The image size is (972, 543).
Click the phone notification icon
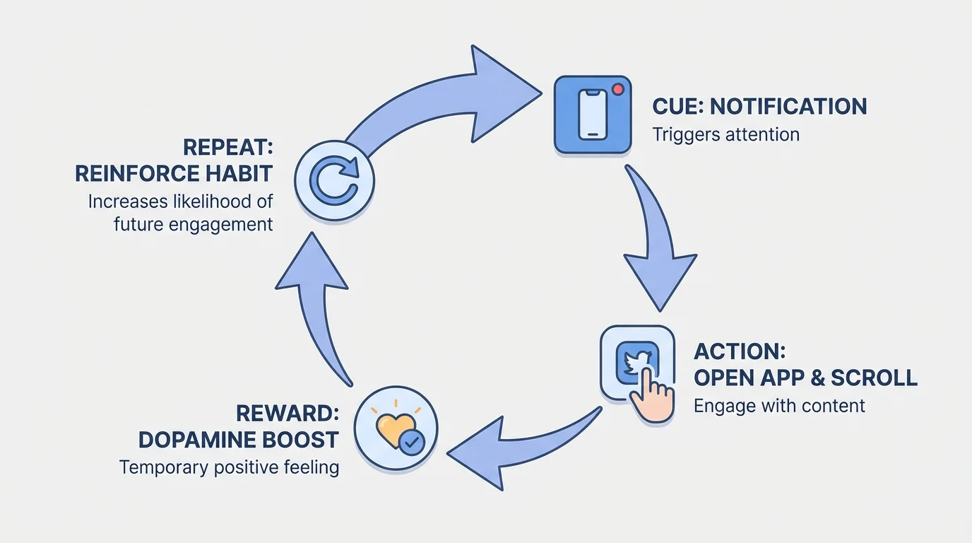[592, 115]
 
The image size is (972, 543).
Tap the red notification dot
[619, 90]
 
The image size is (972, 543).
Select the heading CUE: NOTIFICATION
[759, 107]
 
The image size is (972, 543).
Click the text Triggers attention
[725, 134]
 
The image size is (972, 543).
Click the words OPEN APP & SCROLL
[805, 378]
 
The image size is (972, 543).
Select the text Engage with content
[779, 406]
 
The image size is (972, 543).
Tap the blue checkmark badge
[412, 443]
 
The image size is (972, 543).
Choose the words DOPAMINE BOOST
[238, 440]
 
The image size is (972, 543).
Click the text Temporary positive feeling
[229, 467]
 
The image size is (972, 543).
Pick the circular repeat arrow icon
[334, 181]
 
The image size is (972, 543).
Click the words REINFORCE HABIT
[173, 173]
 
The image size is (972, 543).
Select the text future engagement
[193, 225]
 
